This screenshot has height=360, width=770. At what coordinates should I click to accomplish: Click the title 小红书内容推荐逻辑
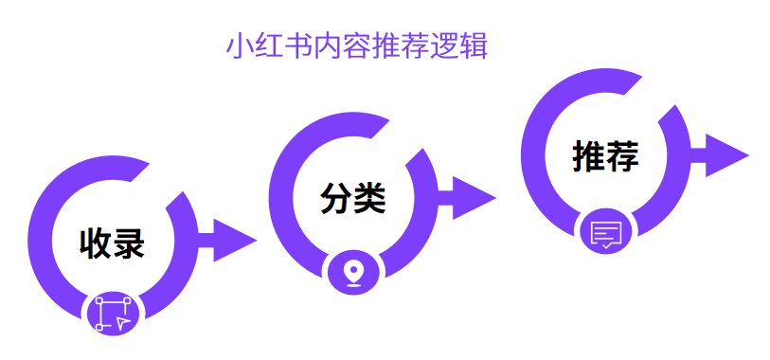pyautogui.click(x=357, y=46)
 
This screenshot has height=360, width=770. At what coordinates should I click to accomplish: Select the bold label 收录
pyautogui.click(x=112, y=243)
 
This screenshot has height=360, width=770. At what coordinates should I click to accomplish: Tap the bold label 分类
pyautogui.click(x=352, y=199)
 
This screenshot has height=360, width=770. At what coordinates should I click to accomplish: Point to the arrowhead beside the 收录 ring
pyautogui.click(x=233, y=241)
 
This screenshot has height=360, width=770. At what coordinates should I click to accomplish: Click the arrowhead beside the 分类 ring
pyautogui.click(x=473, y=198)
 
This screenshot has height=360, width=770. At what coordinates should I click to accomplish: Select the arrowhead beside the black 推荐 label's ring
pyautogui.click(x=725, y=155)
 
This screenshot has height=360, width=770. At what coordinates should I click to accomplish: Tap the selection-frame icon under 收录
pyautogui.click(x=113, y=314)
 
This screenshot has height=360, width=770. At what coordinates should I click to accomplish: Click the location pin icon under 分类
pyautogui.click(x=353, y=272)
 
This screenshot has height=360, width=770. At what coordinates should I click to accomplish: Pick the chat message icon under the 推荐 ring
pyautogui.click(x=605, y=232)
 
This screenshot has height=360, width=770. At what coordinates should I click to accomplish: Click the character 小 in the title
pyautogui.click(x=240, y=46)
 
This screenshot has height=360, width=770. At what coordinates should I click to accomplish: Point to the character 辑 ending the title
pyautogui.click(x=474, y=46)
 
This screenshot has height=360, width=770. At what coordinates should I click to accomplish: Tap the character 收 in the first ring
pyautogui.click(x=96, y=243)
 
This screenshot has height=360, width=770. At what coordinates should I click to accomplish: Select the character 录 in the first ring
pyautogui.click(x=129, y=243)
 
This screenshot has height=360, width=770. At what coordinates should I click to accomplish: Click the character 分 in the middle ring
pyautogui.click(x=336, y=199)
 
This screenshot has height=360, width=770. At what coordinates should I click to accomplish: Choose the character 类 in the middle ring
pyautogui.click(x=369, y=199)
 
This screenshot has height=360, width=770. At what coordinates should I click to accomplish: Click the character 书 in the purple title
pyautogui.click(x=298, y=46)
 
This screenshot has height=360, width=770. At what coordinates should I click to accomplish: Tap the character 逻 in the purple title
pyautogui.click(x=444, y=46)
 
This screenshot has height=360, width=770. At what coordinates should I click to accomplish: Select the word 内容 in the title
pyautogui.click(x=342, y=46)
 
